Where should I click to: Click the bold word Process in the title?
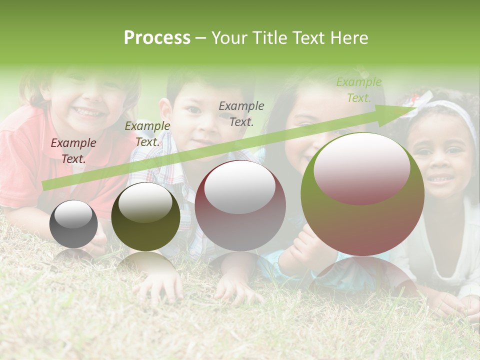(x=157, y=38)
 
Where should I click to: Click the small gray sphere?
(x=73, y=224)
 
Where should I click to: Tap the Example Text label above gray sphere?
(x=73, y=151)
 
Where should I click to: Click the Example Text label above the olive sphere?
(x=147, y=134)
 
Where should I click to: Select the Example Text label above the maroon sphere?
(x=241, y=113)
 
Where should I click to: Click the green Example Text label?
(x=358, y=90)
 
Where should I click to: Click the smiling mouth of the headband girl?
(x=440, y=178)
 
